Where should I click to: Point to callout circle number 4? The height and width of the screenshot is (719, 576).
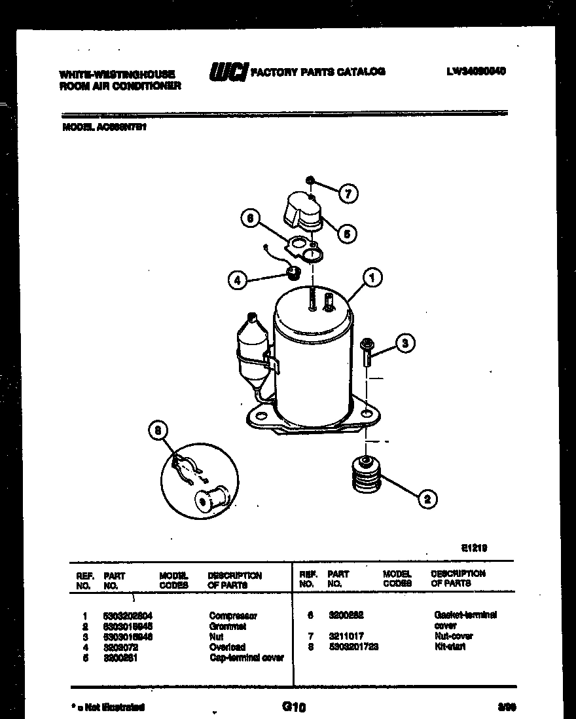pyautogui.click(x=238, y=280)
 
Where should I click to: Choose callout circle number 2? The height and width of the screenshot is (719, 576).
pyautogui.click(x=427, y=500)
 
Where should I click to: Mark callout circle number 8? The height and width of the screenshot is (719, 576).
pyautogui.click(x=157, y=431)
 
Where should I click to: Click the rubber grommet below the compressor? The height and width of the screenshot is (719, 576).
pyautogui.click(x=366, y=475)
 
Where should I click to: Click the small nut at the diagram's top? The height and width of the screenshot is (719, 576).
pyautogui.click(x=310, y=180)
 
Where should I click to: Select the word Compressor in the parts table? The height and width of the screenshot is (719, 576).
pyautogui.click(x=233, y=616)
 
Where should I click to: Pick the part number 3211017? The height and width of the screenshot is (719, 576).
pyautogui.click(x=346, y=636)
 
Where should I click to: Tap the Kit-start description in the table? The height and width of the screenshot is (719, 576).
pyautogui.click(x=450, y=646)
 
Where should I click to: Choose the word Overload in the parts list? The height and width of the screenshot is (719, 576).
pyautogui.click(x=227, y=647)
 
